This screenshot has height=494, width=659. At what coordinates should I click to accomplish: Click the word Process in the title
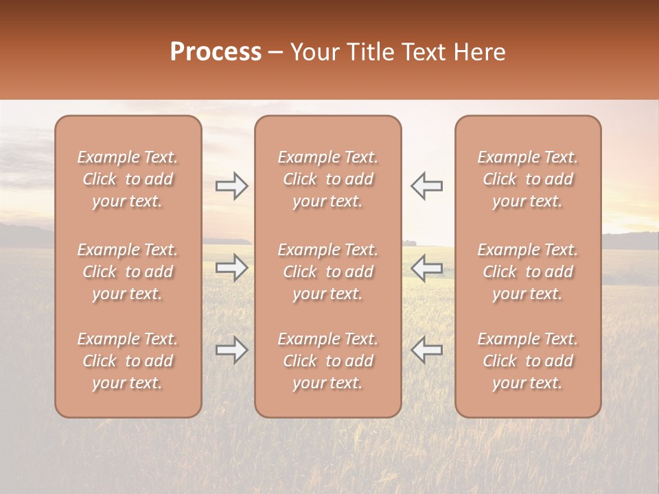click(x=216, y=52)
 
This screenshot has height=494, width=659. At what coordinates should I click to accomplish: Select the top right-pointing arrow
click(x=231, y=186)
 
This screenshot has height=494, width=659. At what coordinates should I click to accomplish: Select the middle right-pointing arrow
click(x=231, y=268)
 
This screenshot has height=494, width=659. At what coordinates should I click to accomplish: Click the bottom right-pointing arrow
click(x=231, y=350)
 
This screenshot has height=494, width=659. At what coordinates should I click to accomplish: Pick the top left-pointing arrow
click(x=426, y=186)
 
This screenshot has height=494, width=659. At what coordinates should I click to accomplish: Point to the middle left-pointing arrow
click(x=426, y=268)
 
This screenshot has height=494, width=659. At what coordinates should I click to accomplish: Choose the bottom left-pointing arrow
click(x=426, y=350)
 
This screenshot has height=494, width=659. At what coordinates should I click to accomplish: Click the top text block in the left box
click(x=128, y=179)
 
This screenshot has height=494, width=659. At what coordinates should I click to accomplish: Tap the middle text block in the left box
click(x=128, y=272)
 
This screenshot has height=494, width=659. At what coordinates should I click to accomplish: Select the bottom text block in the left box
click(x=128, y=361)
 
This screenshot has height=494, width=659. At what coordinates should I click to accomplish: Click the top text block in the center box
click(x=328, y=179)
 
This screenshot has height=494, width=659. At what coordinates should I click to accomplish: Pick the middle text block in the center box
click(x=328, y=272)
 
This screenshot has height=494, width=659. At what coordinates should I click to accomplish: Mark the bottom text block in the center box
click(x=328, y=361)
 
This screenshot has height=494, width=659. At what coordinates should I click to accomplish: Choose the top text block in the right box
click(x=528, y=179)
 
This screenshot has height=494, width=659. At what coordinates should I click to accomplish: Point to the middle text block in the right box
click(x=528, y=272)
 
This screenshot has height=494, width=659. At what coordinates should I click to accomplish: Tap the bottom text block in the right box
click(x=528, y=361)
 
